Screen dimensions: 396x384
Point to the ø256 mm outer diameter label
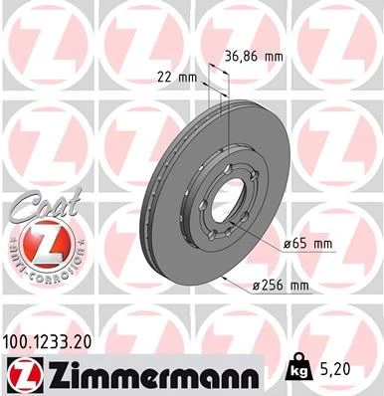281,286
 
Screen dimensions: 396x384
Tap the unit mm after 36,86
275,58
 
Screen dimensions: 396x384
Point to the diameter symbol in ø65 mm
286,244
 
